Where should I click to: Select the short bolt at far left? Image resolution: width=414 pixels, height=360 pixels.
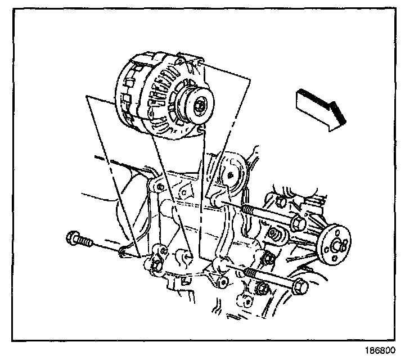(78, 240)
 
